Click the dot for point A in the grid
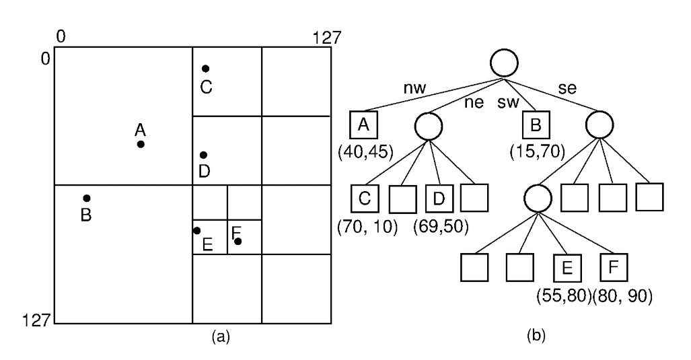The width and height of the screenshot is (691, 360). pos(141,144)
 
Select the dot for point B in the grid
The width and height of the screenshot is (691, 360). pos(87,199)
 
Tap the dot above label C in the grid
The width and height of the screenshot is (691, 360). pos(206,69)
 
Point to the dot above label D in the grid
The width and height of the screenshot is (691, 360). pos(204,155)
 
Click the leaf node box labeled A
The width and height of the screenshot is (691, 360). pos(364,125)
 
